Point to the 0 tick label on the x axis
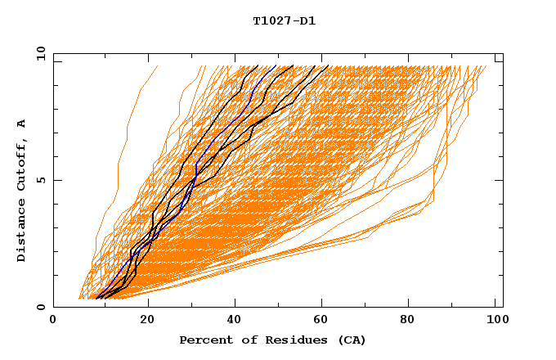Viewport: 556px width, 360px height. click(53, 321)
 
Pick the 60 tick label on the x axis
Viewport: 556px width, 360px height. click(325, 321)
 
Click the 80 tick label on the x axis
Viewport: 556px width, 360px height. click(414, 321)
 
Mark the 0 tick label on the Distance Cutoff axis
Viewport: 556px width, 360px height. click(41, 307)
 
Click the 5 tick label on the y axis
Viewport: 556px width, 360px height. click(41, 180)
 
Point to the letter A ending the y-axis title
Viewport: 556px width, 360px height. click(22, 124)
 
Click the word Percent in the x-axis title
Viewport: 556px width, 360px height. click(204, 340)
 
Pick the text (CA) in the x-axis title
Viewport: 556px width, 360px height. click(346, 340)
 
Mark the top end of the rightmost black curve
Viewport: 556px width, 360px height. click(328, 66)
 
